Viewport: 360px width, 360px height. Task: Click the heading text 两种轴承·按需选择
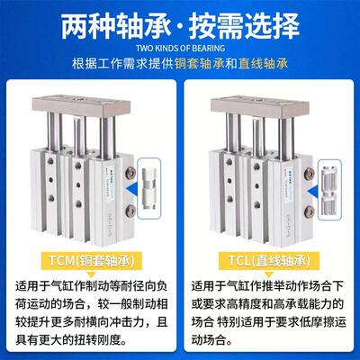(180, 22)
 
